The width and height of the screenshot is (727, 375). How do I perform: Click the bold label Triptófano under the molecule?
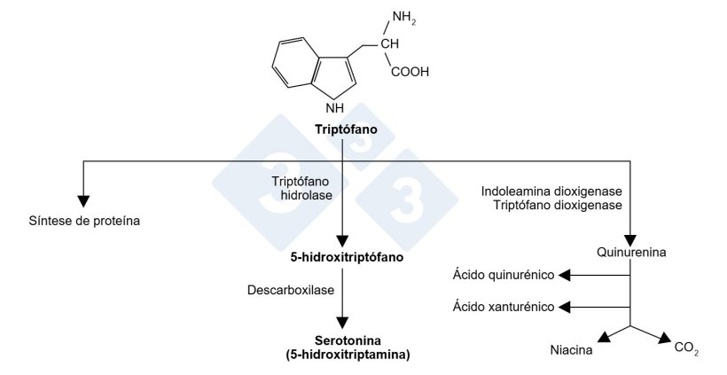[x=345, y=129]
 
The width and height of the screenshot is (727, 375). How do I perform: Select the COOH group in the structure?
[x=409, y=73]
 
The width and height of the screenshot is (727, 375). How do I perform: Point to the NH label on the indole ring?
[x=333, y=108]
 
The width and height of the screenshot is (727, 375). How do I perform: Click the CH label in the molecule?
[x=391, y=44]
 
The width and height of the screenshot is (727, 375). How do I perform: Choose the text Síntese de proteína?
[x=85, y=219]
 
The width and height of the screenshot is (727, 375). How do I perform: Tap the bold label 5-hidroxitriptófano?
[x=342, y=258]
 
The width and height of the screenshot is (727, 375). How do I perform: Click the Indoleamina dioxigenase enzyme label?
[x=552, y=191]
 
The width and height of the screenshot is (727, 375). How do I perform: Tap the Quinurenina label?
[x=629, y=253]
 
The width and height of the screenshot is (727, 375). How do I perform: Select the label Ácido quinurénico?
[x=503, y=275]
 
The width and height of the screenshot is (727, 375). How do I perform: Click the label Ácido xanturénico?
[x=503, y=307]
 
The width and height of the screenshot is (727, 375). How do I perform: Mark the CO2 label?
[x=686, y=349]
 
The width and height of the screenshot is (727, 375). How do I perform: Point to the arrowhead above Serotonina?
[x=342, y=323]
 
